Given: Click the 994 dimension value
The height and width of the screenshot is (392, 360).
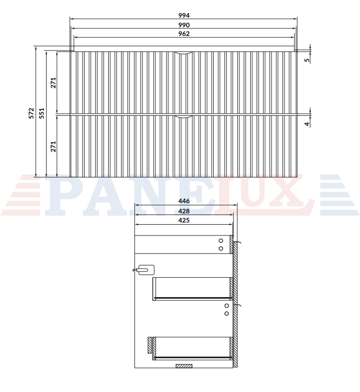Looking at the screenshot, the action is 184,16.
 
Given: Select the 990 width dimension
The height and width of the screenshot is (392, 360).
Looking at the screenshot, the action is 184,25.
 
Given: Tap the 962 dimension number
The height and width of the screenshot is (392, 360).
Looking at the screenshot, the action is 184,34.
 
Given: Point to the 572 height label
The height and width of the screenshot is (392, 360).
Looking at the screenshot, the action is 31,113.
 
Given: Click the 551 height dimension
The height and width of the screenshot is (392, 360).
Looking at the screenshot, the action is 42,113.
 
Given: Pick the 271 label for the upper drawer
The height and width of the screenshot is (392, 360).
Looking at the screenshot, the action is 54,83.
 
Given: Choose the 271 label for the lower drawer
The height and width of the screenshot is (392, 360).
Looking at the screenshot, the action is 54,146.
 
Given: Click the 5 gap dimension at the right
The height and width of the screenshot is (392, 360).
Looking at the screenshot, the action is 307,60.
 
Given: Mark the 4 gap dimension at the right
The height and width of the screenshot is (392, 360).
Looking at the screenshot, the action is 307,124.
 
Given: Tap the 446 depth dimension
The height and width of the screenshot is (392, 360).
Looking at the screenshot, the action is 184,201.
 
